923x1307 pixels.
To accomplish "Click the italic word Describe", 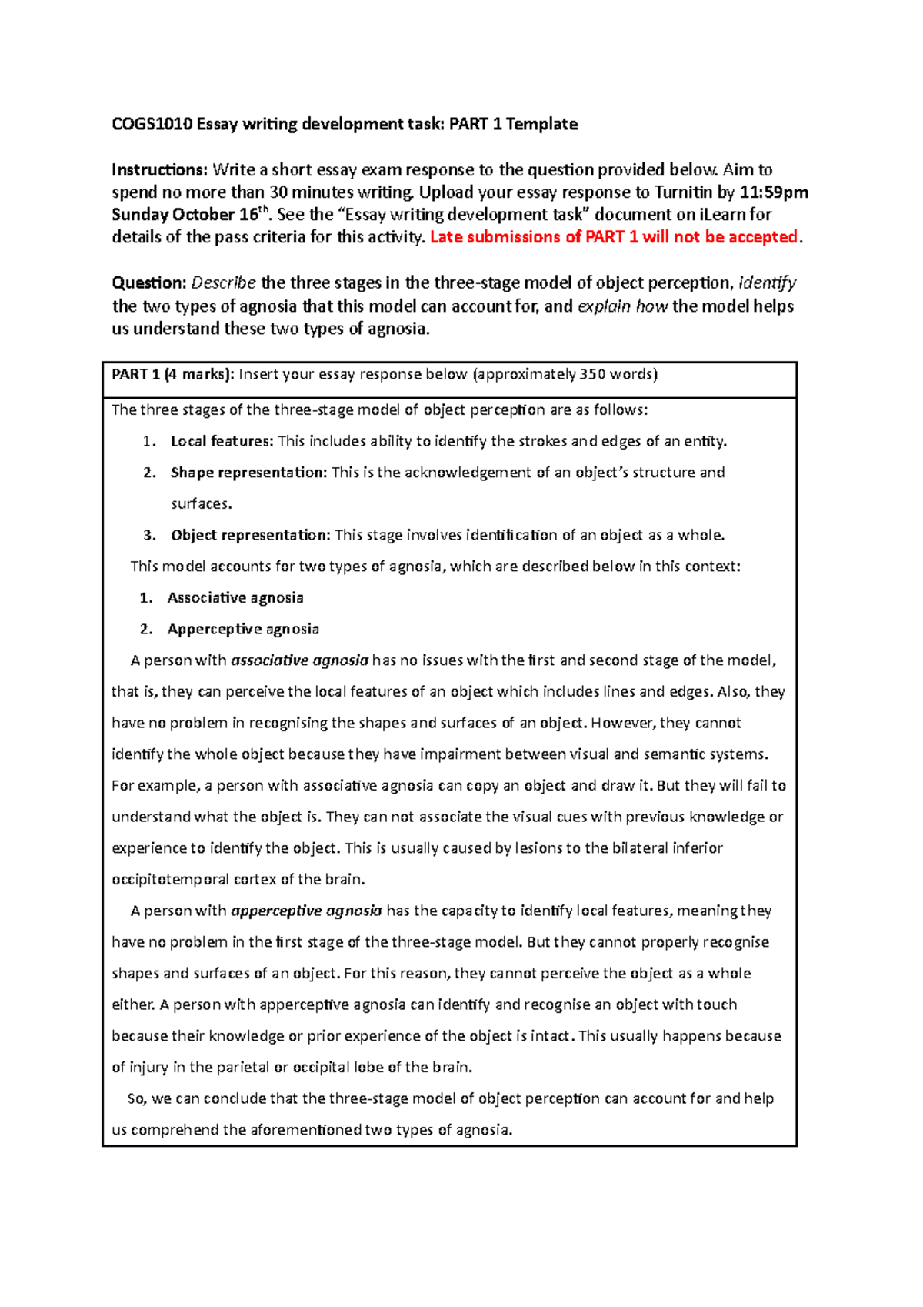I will pos(223,282).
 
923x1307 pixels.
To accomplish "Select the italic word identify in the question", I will pos(767,282).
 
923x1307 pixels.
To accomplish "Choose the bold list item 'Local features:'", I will pos(222,441).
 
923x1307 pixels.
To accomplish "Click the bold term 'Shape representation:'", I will pos(249,473).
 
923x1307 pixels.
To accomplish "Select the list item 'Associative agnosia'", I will pos(235,597).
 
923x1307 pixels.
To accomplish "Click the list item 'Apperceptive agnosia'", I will pos(243,629).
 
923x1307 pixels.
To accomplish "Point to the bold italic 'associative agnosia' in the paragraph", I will pos(300,660).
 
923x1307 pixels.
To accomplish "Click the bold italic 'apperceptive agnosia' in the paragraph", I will pos(306,911).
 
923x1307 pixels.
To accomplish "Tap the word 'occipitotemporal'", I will pos(170,879).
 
